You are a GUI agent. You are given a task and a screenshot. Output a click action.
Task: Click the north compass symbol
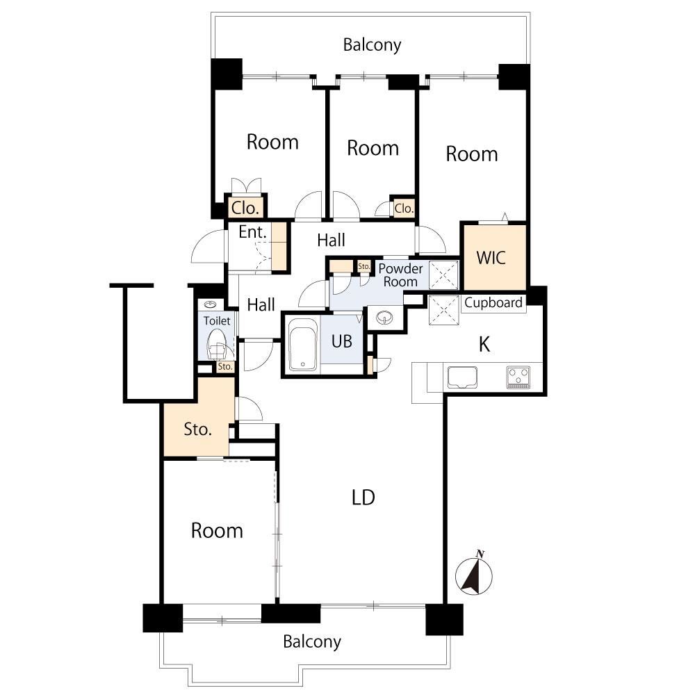pyautogui.click(x=473, y=575)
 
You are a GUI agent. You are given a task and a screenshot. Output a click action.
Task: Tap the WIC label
pyautogui.click(x=491, y=258)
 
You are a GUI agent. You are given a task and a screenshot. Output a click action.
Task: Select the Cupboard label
pyautogui.click(x=493, y=303)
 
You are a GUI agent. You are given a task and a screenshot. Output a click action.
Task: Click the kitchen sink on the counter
pyautogui.click(x=462, y=377)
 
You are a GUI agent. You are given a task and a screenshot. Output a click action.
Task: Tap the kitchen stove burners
pyautogui.click(x=518, y=377)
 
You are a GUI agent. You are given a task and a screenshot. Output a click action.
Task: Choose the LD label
pyautogui.click(x=363, y=498)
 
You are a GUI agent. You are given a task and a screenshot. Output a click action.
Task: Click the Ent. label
pyautogui.click(x=253, y=232)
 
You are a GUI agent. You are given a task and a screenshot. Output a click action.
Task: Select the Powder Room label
pyautogui.click(x=400, y=275)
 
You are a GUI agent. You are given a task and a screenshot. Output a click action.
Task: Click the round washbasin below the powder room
pyautogui.click(x=384, y=318)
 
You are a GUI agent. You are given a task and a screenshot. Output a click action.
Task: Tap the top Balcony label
pyautogui.click(x=372, y=44)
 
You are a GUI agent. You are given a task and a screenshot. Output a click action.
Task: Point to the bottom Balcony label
pyautogui.click(x=312, y=641)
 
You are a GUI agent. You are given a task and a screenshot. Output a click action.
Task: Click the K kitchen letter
pyautogui.click(x=484, y=345)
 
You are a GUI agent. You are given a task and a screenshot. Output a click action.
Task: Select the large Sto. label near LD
pyautogui.click(x=197, y=429)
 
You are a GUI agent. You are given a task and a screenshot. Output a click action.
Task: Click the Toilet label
pyautogui.click(x=217, y=321)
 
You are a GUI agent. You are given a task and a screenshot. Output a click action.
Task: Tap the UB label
pyautogui.click(x=342, y=341)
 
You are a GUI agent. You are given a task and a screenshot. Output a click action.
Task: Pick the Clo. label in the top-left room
pyautogui.click(x=245, y=207)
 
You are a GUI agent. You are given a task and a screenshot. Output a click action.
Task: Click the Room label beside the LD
pyautogui.click(x=217, y=530)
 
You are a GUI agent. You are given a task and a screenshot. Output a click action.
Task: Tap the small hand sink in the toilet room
pyautogui.click(x=211, y=304)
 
